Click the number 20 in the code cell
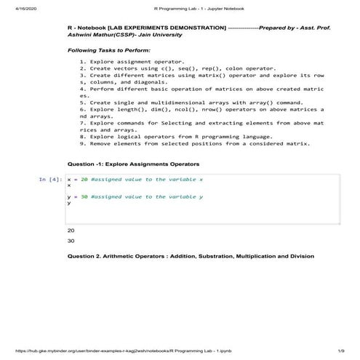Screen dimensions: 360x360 point(84,179)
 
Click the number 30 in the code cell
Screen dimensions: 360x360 point(84,196)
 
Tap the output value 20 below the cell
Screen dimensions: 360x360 point(71,230)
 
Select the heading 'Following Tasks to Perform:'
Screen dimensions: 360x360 point(109,50)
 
